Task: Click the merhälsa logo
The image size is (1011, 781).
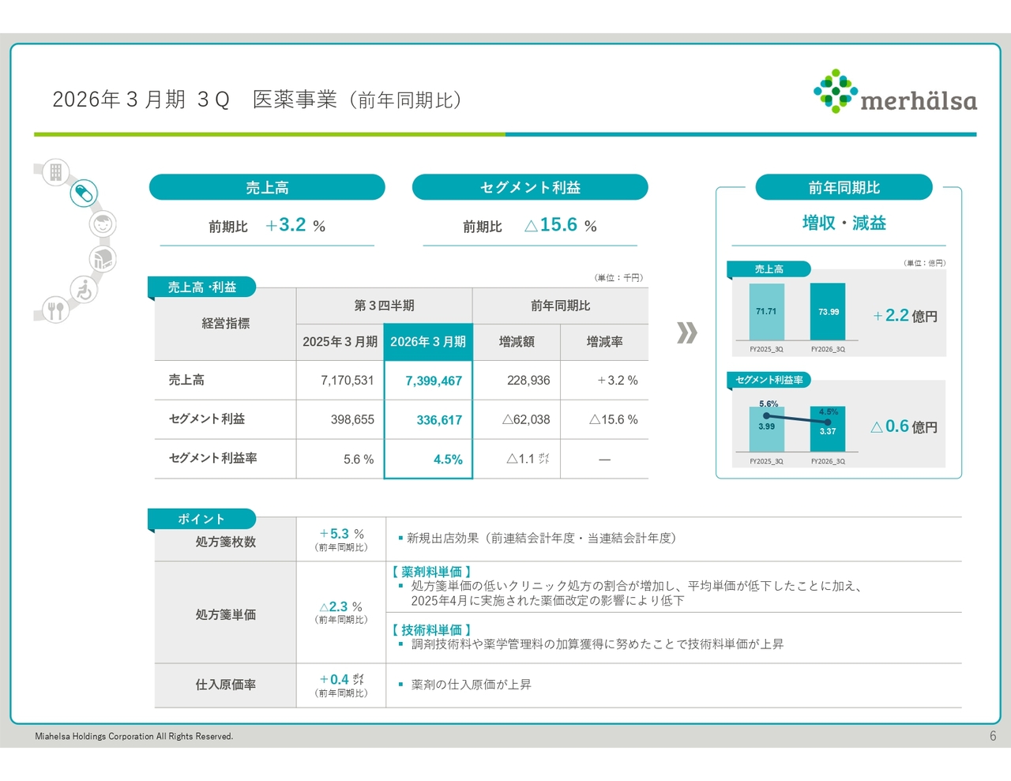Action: [x=895, y=91]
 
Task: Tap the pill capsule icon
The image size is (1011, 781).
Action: [x=84, y=193]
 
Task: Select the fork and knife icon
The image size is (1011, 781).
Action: [x=56, y=310]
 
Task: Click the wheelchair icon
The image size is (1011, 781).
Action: [x=85, y=289]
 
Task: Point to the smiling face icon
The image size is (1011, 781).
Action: [x=103, y=224]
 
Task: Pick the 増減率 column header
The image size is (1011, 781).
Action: [x=604, y=342]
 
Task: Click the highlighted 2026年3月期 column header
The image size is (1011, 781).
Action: [x=428, y=342]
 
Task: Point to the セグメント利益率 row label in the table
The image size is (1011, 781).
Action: [x=212, y=458]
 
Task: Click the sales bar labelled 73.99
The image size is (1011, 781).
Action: [x=828, y=311]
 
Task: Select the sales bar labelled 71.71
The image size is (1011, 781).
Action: [x=766, y=311]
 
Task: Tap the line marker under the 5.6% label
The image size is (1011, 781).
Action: [x=766, y=415]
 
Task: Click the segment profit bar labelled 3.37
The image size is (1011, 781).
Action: [x=828, y=429]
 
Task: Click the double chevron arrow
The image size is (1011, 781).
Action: [x=686, y=332]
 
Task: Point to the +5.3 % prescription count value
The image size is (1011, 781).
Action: [x=341, y=534]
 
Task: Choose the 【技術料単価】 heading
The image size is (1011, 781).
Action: [x=431, y=630]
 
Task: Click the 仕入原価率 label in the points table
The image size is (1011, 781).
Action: [x=226, y=685]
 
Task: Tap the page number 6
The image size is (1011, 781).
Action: [x=993, y=736]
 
